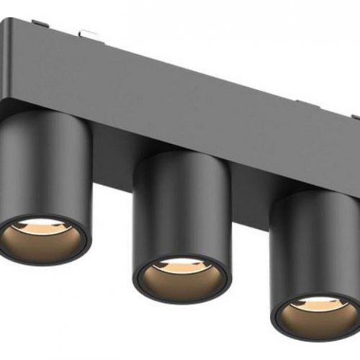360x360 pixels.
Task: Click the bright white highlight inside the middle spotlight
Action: tap(180, 264)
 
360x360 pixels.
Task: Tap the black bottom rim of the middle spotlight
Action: tap(180, 297)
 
